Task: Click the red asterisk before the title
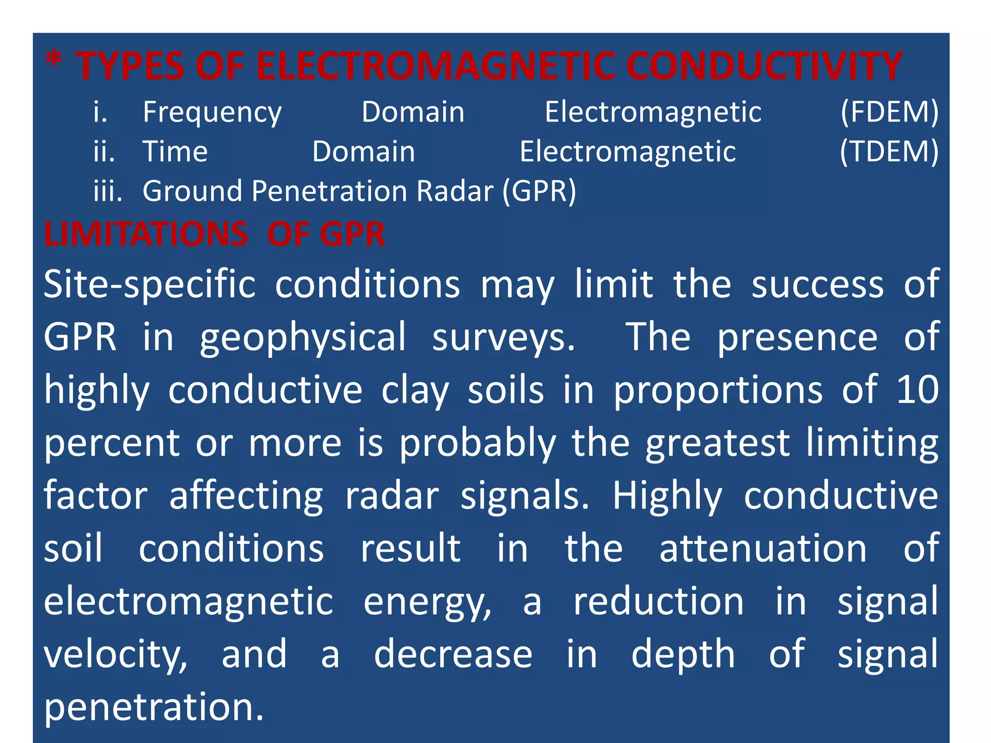(54, 62)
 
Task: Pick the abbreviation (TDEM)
(889, 152)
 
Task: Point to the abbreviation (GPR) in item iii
(539, 191)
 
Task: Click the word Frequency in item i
(212, 113)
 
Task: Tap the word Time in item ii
(175, 152)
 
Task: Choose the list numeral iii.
(107, 191)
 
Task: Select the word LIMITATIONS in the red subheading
(146, 235)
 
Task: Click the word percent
(112, 444)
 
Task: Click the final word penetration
(154, 707)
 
